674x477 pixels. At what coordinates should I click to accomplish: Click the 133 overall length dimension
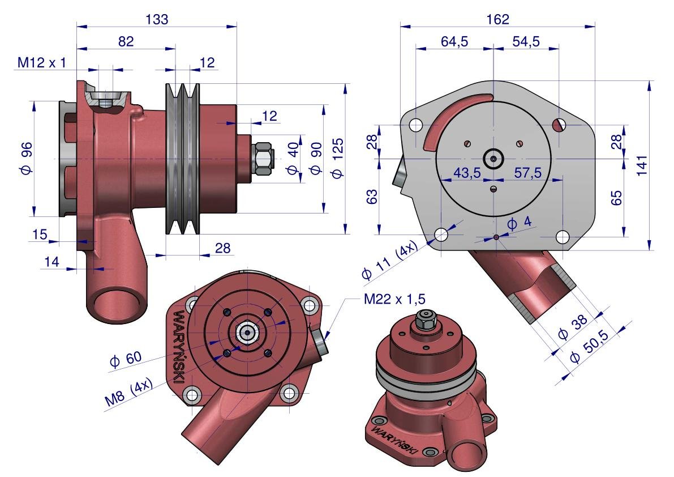(157, 19)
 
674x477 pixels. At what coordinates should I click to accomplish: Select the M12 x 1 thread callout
(42, 63)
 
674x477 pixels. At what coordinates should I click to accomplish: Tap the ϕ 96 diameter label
(26, 158)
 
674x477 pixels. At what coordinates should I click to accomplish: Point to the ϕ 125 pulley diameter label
(337, 158)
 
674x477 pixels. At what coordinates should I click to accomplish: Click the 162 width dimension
(498, 19)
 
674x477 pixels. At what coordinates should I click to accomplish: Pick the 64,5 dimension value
(454, 42)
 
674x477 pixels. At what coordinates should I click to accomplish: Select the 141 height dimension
(642, 165)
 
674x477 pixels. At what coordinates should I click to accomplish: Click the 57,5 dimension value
(528, 173)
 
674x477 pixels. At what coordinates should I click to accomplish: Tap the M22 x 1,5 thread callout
(394, 299)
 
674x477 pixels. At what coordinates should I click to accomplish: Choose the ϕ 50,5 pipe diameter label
(589, 347)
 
